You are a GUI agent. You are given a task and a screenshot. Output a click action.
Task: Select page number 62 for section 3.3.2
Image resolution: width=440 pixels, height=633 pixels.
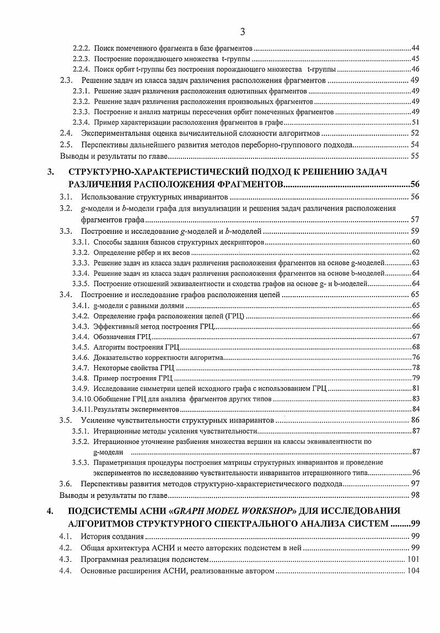point(416,252)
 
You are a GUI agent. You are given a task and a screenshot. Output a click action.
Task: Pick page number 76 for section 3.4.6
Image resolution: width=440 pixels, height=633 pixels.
point(416,357)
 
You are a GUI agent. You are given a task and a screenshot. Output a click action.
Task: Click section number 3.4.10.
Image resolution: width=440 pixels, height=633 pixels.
point(83,399)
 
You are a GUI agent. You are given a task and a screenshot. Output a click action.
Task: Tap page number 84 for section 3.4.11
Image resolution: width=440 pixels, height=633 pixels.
point(416,409)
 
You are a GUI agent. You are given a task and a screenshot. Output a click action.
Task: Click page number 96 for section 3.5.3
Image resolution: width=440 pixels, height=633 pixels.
point(416,473)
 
